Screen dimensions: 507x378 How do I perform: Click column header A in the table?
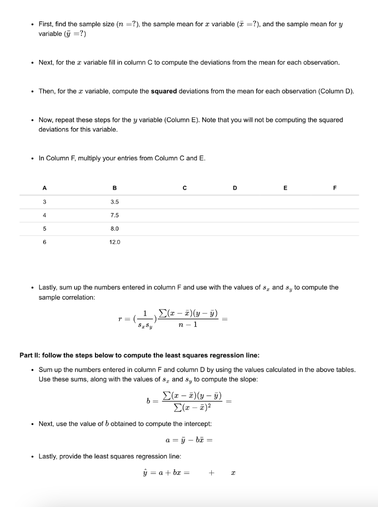(45, 188)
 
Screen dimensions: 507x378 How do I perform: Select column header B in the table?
(115, 188)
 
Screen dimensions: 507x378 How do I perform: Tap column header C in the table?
(185, 188)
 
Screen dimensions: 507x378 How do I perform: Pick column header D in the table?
(235, 188)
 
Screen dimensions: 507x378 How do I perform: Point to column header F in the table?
(334, 188)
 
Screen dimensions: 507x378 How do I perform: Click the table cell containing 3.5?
(115, 202)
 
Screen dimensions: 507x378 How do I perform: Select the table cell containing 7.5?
(115, 215)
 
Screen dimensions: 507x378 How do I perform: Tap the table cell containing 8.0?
(115, 229)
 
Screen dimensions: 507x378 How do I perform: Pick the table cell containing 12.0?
(115, 242)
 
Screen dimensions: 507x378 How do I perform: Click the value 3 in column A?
(45, 202)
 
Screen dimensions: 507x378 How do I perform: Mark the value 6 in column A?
(45, 242)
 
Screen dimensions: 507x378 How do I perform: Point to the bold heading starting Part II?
(139, 355)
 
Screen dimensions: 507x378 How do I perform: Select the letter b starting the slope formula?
(148, 402)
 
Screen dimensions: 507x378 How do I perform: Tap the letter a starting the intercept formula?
(168, 440)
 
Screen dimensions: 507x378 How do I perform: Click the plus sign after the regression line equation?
(211, 473)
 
